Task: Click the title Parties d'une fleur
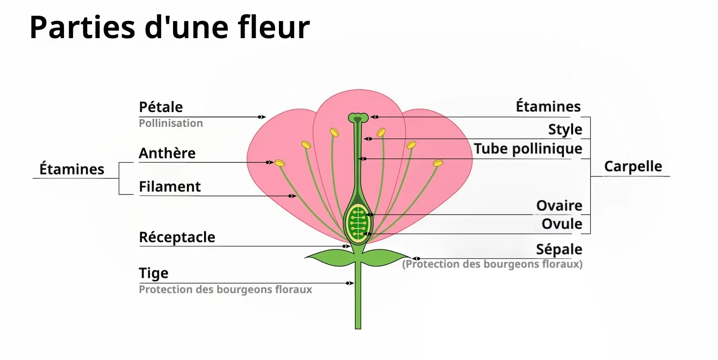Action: coord(169,27)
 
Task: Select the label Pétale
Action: coord(161,107)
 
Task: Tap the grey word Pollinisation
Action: coord(171,123)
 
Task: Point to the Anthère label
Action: coord(167,154)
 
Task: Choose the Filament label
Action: coord(170,187)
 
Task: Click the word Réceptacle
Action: coord(177,237)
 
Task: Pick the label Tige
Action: coord(154,273)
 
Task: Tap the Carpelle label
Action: coord(633,167)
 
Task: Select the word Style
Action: coord(565,130)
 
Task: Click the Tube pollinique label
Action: coord(528,149)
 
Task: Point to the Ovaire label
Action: coord(559,206)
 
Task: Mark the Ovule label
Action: coord(562,224)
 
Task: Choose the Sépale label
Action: coord(559,249)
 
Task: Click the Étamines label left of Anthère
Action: coord(72,169)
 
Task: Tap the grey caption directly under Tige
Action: coord(225,289)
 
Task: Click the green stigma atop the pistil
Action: coord(358,117)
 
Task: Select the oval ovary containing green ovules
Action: coord(358,222)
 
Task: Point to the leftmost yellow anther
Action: coord(279,163)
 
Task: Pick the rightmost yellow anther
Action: coord(438,163)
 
